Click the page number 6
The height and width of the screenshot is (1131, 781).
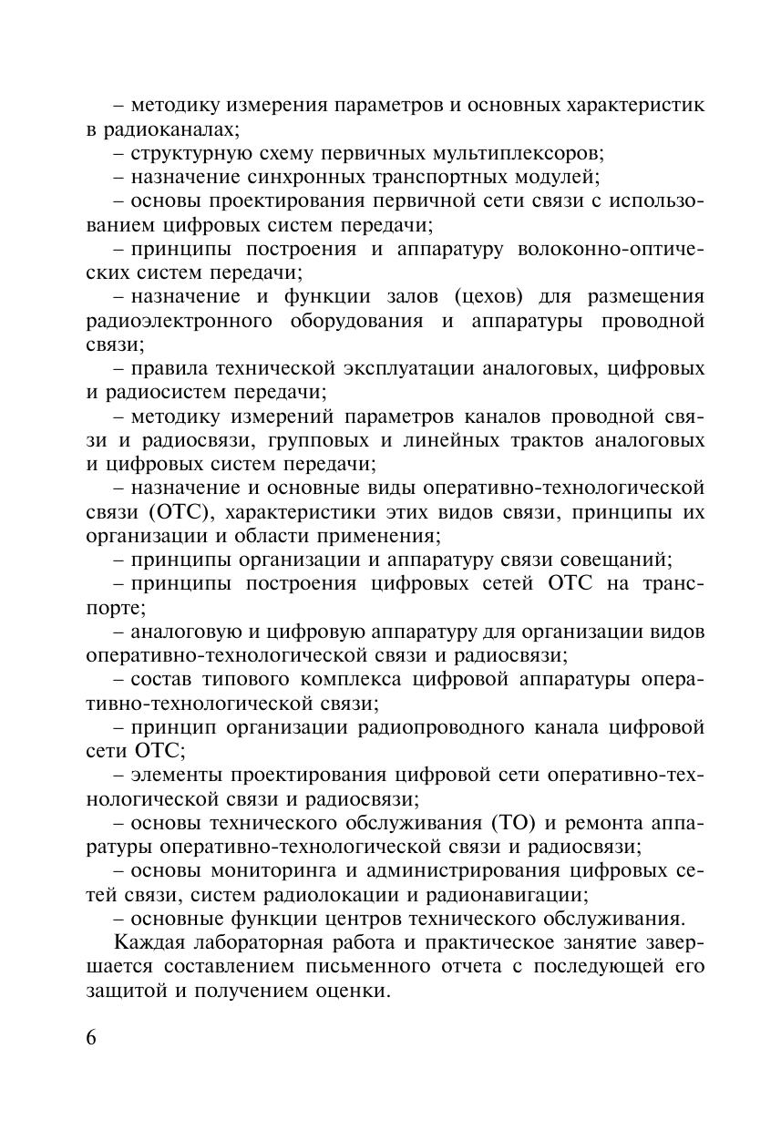(92, 1039)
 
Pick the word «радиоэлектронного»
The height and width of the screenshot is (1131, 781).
(180, 321)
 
